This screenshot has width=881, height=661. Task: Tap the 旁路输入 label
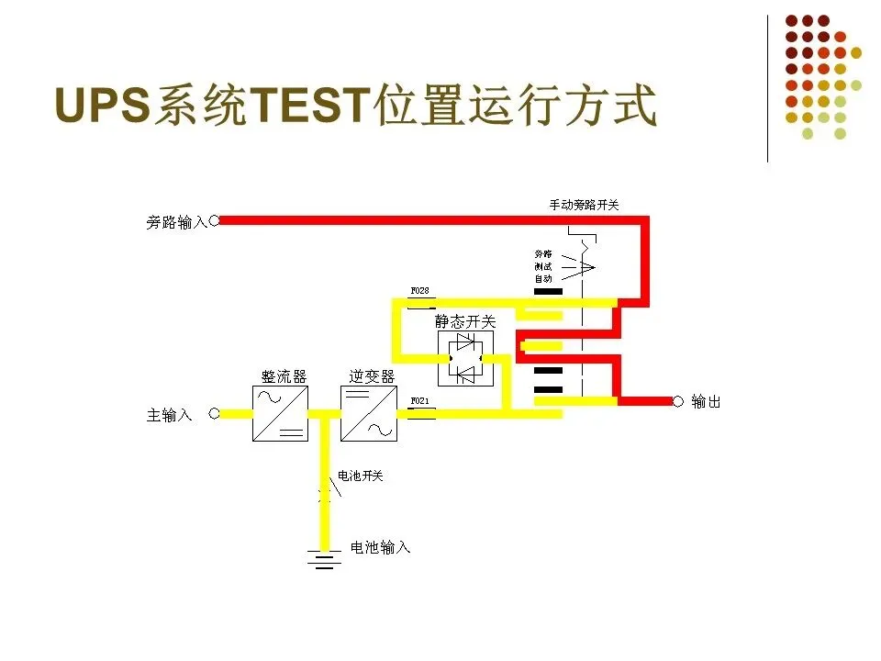(176, 221)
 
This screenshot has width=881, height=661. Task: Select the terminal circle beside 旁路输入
(215, 220)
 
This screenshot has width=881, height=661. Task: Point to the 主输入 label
(170, 415)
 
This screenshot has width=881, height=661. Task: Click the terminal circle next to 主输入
(215, 413)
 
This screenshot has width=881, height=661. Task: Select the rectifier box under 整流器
(280, 413)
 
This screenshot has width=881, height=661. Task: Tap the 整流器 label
(284, 376)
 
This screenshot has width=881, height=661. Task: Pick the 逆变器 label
(372, 376)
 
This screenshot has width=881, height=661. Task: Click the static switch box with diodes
(465, 359)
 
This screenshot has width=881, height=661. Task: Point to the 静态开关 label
(465, 322)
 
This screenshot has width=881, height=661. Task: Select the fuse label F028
(419, 291)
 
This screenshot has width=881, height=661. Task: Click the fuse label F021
(419, 401)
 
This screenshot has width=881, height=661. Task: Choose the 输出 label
(706, 401)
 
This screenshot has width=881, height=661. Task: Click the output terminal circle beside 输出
(678, 401)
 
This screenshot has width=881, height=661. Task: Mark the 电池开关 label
(361, 476)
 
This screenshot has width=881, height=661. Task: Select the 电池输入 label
(381, 547)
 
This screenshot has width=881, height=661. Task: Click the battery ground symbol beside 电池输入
(323, 557)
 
